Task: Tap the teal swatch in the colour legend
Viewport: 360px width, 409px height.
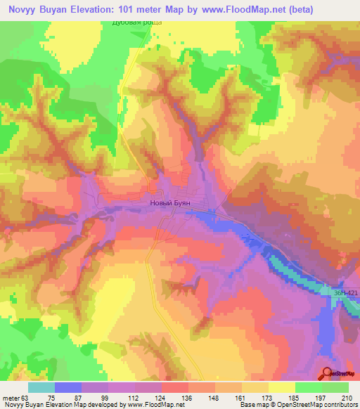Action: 41,387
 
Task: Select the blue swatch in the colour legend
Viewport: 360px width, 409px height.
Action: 68,387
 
